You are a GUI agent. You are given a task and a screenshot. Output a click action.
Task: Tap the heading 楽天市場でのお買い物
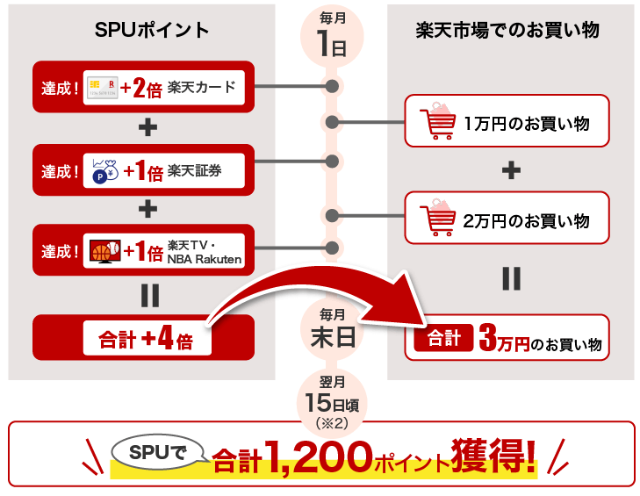coord(507,30)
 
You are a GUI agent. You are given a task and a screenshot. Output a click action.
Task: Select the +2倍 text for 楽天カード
coord(141,87)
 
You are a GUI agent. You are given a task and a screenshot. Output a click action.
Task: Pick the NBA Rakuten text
coord(204,258)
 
